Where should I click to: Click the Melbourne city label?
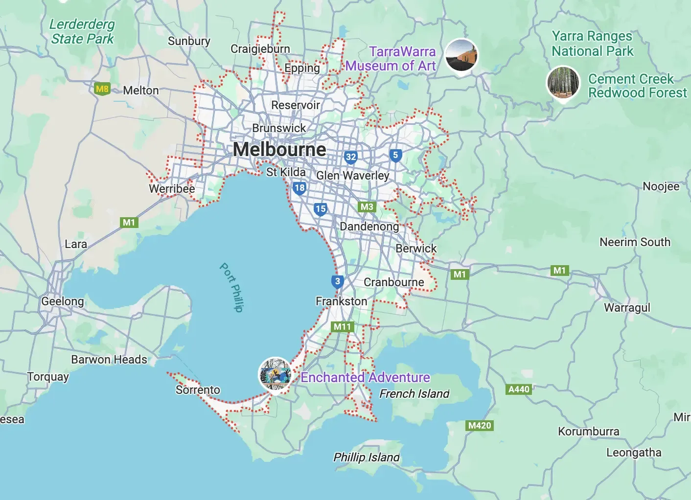pos(279,149)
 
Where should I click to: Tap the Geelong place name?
pos(62,301)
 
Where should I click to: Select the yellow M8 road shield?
pos(102,89)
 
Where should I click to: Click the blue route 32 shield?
pos(350,157)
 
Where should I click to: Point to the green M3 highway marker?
pos(367,206)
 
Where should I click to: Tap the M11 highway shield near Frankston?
pos(343,326)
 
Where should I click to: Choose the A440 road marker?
pos(519,389)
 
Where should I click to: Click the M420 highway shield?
pos(479,425)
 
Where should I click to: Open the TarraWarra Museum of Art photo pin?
pos(461,55)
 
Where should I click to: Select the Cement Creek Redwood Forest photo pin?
pos(563,83)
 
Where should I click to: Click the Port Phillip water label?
pos(231,287)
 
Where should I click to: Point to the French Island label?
pos(414,393)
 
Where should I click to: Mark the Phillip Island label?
pos(366,457)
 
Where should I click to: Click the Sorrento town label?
pos(198,389)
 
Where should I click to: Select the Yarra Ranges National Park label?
pos(592,44)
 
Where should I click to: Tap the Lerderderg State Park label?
pos(82,31)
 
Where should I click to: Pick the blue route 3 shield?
pos(337,281)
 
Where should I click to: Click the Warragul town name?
pos(627,308)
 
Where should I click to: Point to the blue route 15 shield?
pos(321,209)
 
